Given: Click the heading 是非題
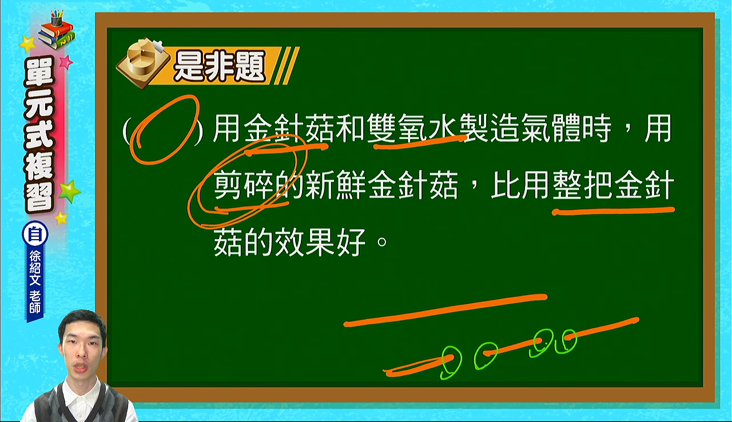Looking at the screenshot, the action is (219, 67).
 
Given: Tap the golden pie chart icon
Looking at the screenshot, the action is (143, 63).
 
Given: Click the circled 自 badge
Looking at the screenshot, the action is (35, 234).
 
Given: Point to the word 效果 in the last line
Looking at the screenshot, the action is (305, 242).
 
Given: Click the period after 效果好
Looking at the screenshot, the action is (381, 242).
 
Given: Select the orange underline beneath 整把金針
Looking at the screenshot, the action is (613, 210).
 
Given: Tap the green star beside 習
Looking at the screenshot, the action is (69, 192).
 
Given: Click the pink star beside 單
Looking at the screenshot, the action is (66, 62).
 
